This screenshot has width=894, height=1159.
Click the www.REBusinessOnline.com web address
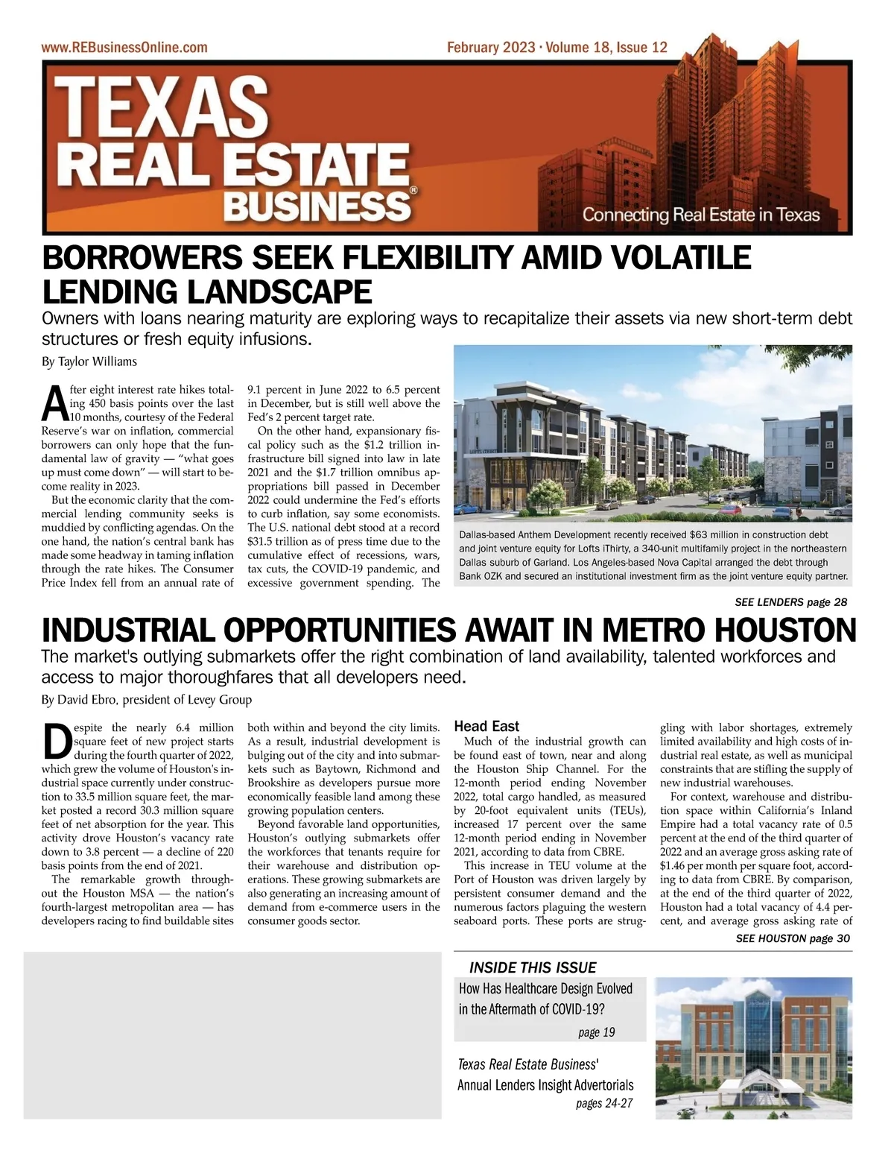click(x=124, y=48)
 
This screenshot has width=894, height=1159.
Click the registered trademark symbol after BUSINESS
click(x=413, y=191)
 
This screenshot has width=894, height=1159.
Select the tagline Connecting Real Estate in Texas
click(x=700, y=215)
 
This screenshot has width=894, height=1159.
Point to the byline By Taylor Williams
click(x=89, y=362)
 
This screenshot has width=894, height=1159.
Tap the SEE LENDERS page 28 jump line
click(x=790, y=601)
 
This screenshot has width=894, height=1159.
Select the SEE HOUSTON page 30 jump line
click(x=793, y=938)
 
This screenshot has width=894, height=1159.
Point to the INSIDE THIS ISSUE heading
click(x=533, y=967)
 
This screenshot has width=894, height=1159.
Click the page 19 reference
click(x=596, y=1032)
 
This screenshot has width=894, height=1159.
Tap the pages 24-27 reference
click(x=604, y=1103)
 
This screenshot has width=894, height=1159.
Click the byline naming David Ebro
click(x=147, y=700)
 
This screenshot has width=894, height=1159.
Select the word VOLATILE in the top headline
click(x=682, y=258)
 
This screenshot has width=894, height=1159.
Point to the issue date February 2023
click(x=491, y=48)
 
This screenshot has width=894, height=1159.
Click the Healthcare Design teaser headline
click(x=545, y=999)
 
